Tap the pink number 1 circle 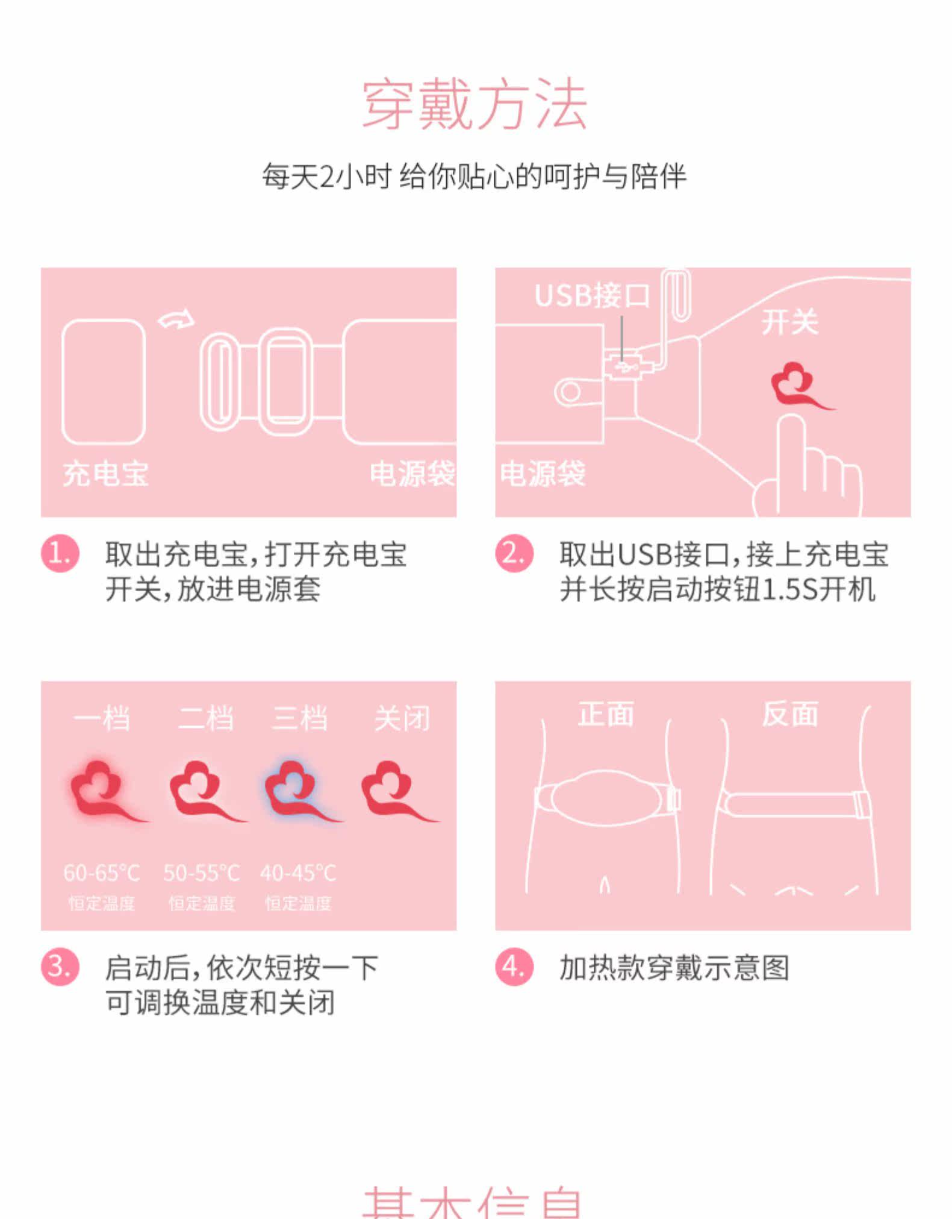tap(60, 553)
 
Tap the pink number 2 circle tap(514, 553)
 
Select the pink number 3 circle tap(60, 967)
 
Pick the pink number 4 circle tap(514, 967)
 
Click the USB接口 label tap(592, 296)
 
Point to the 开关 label tap(789, 322)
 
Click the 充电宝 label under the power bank tap(105, 474)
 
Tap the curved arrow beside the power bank tap(176, 319)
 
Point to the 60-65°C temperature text tap(102, 873)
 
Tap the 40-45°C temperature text tap(298, 873)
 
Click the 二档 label tap(205, 718)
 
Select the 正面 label tap(606, 715)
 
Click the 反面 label tap(790, 715)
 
